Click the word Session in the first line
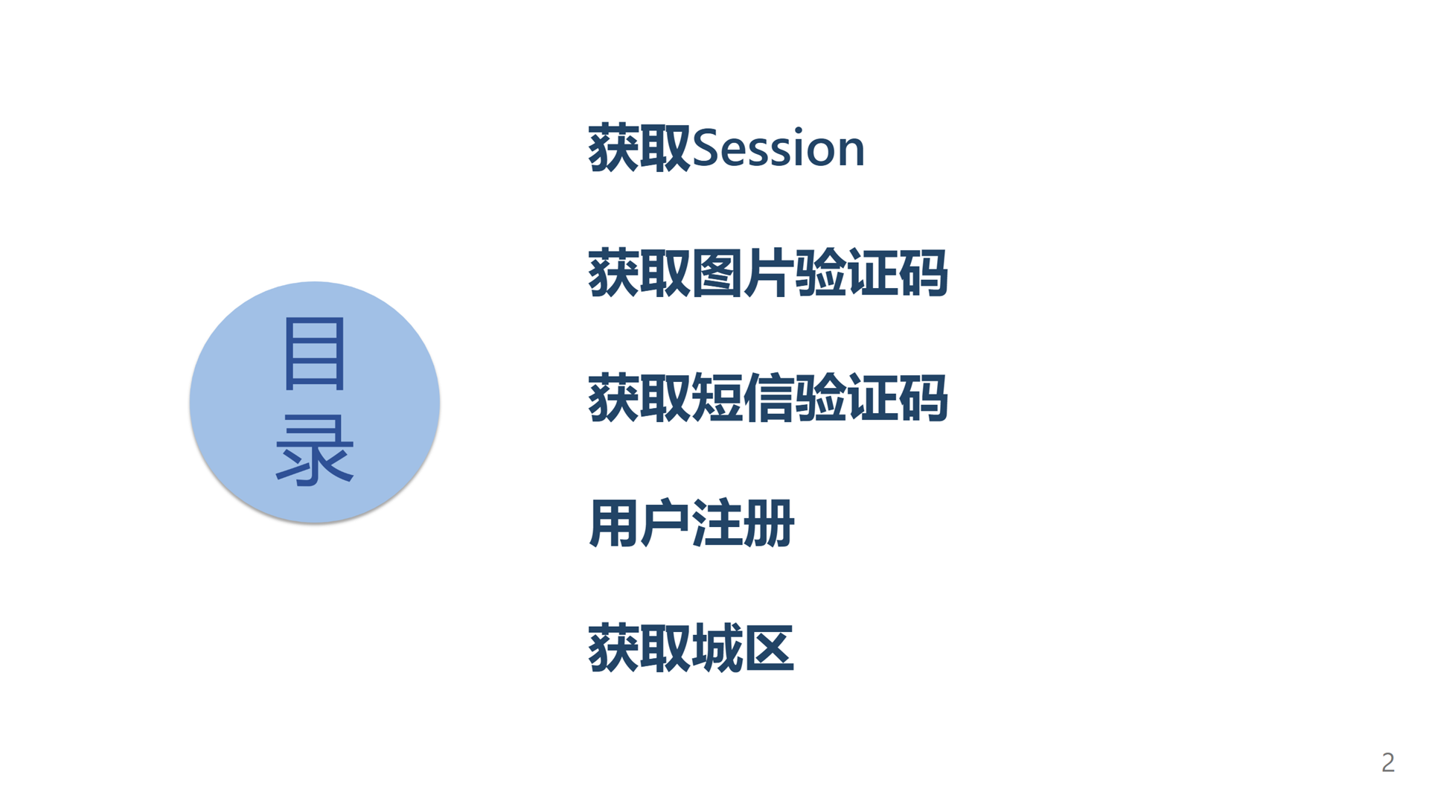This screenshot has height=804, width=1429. pos(779,148)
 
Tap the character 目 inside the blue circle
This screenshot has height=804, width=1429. pos(314,354)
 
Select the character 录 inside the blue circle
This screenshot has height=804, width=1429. pos(314,450)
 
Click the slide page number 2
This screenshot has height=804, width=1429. pos(1388,762)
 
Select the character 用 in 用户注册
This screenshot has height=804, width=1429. pos(614,523)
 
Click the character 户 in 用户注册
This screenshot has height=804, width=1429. pos(665,523)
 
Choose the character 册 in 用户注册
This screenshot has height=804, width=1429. pos(769,523)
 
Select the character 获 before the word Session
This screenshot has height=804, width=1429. pos(614,148)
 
